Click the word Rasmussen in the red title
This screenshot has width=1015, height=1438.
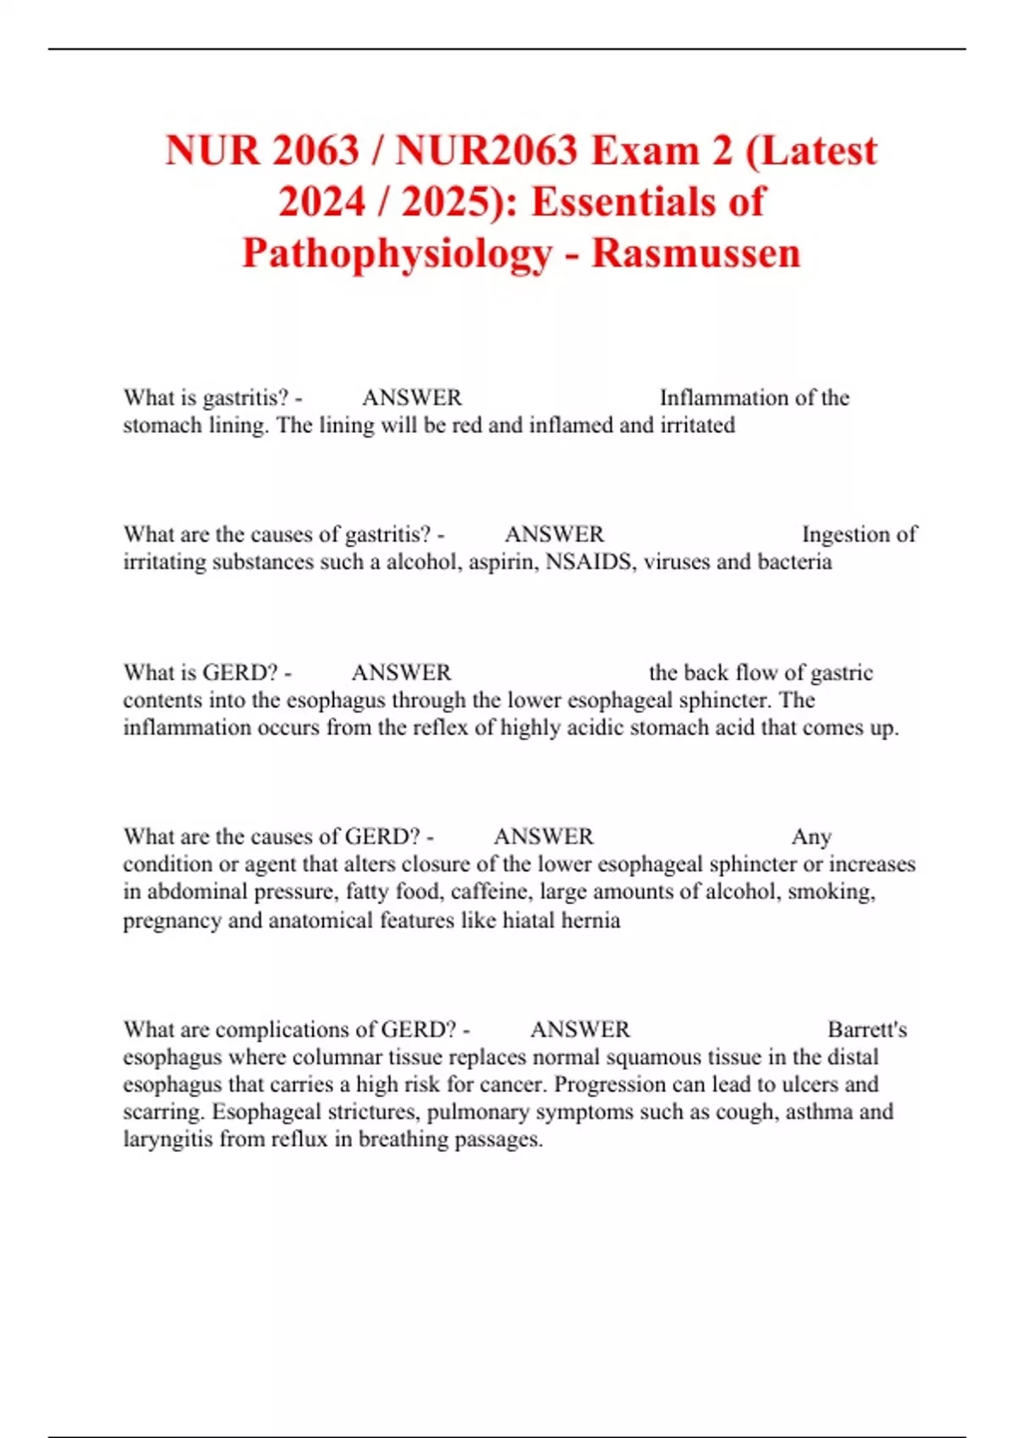click(695, 253)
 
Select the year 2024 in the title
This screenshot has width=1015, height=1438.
click(322, 202)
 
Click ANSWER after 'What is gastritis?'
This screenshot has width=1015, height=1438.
click(412, 398)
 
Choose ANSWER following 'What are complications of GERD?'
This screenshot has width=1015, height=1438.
click(580, 1029)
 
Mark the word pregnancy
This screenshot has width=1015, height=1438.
click(172, 920)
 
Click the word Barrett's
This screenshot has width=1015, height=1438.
click(867, 1029)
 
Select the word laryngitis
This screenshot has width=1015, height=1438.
click(168, 1139)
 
